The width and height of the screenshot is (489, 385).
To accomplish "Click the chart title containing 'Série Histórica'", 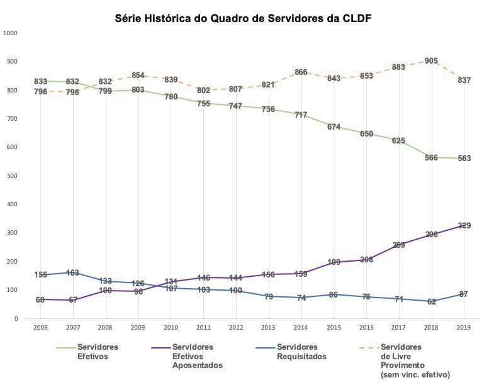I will pyautogui.click(x=242, y=18).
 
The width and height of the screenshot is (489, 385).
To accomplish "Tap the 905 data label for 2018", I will pyautogui.click(x=431, y=61).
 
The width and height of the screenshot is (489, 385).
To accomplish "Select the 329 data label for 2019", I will pyautogui.click(x=464, y=226).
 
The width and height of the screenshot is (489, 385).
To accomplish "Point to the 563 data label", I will pyautogui.click(x=464, y=159).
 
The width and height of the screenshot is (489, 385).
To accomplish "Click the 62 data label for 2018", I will pyautogui.click(x=431, y=302).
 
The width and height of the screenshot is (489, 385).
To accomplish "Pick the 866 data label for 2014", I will pyautogui.click(x=301, y=72).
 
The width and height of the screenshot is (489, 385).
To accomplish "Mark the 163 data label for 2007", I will pyautogui.click(x=72, y=273).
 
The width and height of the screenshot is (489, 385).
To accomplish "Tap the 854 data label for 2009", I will pyautogui.click(x=138, y=75).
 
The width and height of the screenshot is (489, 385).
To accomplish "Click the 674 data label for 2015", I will pyautogui.click(x=334, y=127).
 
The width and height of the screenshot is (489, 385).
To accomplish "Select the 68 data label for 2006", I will pyautogui.click(x=40, y=300).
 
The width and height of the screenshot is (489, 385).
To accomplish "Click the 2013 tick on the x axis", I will pyautogui.click(x=268, y=328).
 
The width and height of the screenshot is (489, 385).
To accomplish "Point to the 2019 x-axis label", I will pyautogui.click(x=464, y=328).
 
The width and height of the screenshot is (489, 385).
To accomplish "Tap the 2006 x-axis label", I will pyautogui.click(x=40, y=328).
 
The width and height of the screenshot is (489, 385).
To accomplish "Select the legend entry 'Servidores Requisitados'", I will pyautogui.click(x=301, y=351).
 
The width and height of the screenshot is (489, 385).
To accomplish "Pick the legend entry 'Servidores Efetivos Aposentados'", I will pyautogui.click(x=196, y=356).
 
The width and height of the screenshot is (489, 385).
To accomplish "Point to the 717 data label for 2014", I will pyautogui.click(x=301, y=115).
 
